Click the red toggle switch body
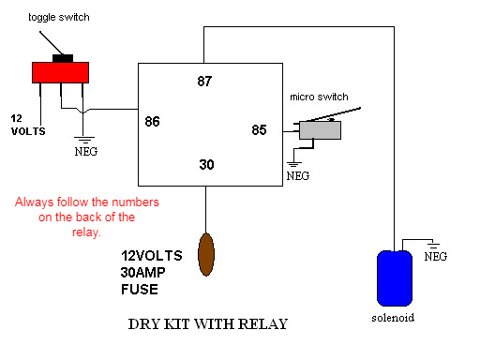tap(60, 72)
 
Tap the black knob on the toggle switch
tap(63, 58)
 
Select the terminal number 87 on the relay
tap(204, 82)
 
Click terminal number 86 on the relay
tap(152, 121)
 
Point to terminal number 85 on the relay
tap(259, 130)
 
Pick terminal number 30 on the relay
tap(206, 164)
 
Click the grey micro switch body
tap(320, 130)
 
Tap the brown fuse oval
tap(206, 254)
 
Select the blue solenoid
tap(395, 278)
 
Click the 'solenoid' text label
tap(393, 318)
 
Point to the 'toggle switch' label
tap(59, 17)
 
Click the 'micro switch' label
tap(319, 97)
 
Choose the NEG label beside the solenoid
tap(436, 257)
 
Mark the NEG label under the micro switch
tap(298, 176)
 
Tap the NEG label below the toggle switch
tap(86, 152)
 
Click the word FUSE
tap(140, 290)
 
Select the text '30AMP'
tap(142, 273)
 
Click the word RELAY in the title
tap(262, 324)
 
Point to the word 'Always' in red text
tap(35, 202)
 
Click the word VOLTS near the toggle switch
tap(28, 131)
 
